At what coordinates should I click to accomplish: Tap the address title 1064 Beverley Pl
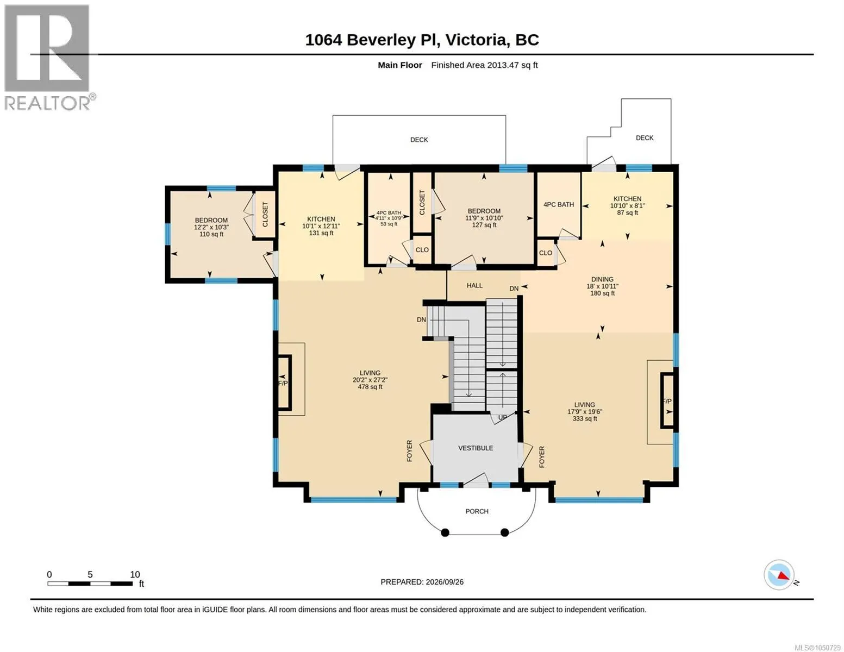[372, 40]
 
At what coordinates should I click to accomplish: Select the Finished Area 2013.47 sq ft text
[484, 65]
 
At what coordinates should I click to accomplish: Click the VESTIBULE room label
[476, 448]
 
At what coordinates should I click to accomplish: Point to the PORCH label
[477, 511]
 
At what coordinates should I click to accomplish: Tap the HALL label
[474, 285]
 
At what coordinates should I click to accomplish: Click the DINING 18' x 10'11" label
[602, 286]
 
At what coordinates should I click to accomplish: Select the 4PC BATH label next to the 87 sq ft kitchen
[559, 205]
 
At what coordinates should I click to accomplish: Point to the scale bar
[90, 584]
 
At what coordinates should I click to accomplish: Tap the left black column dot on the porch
[445, 532]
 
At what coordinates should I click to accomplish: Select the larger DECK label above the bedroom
[419, 140]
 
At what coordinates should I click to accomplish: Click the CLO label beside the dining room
[545, 253]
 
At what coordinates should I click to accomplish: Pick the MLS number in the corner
[817, 647]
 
